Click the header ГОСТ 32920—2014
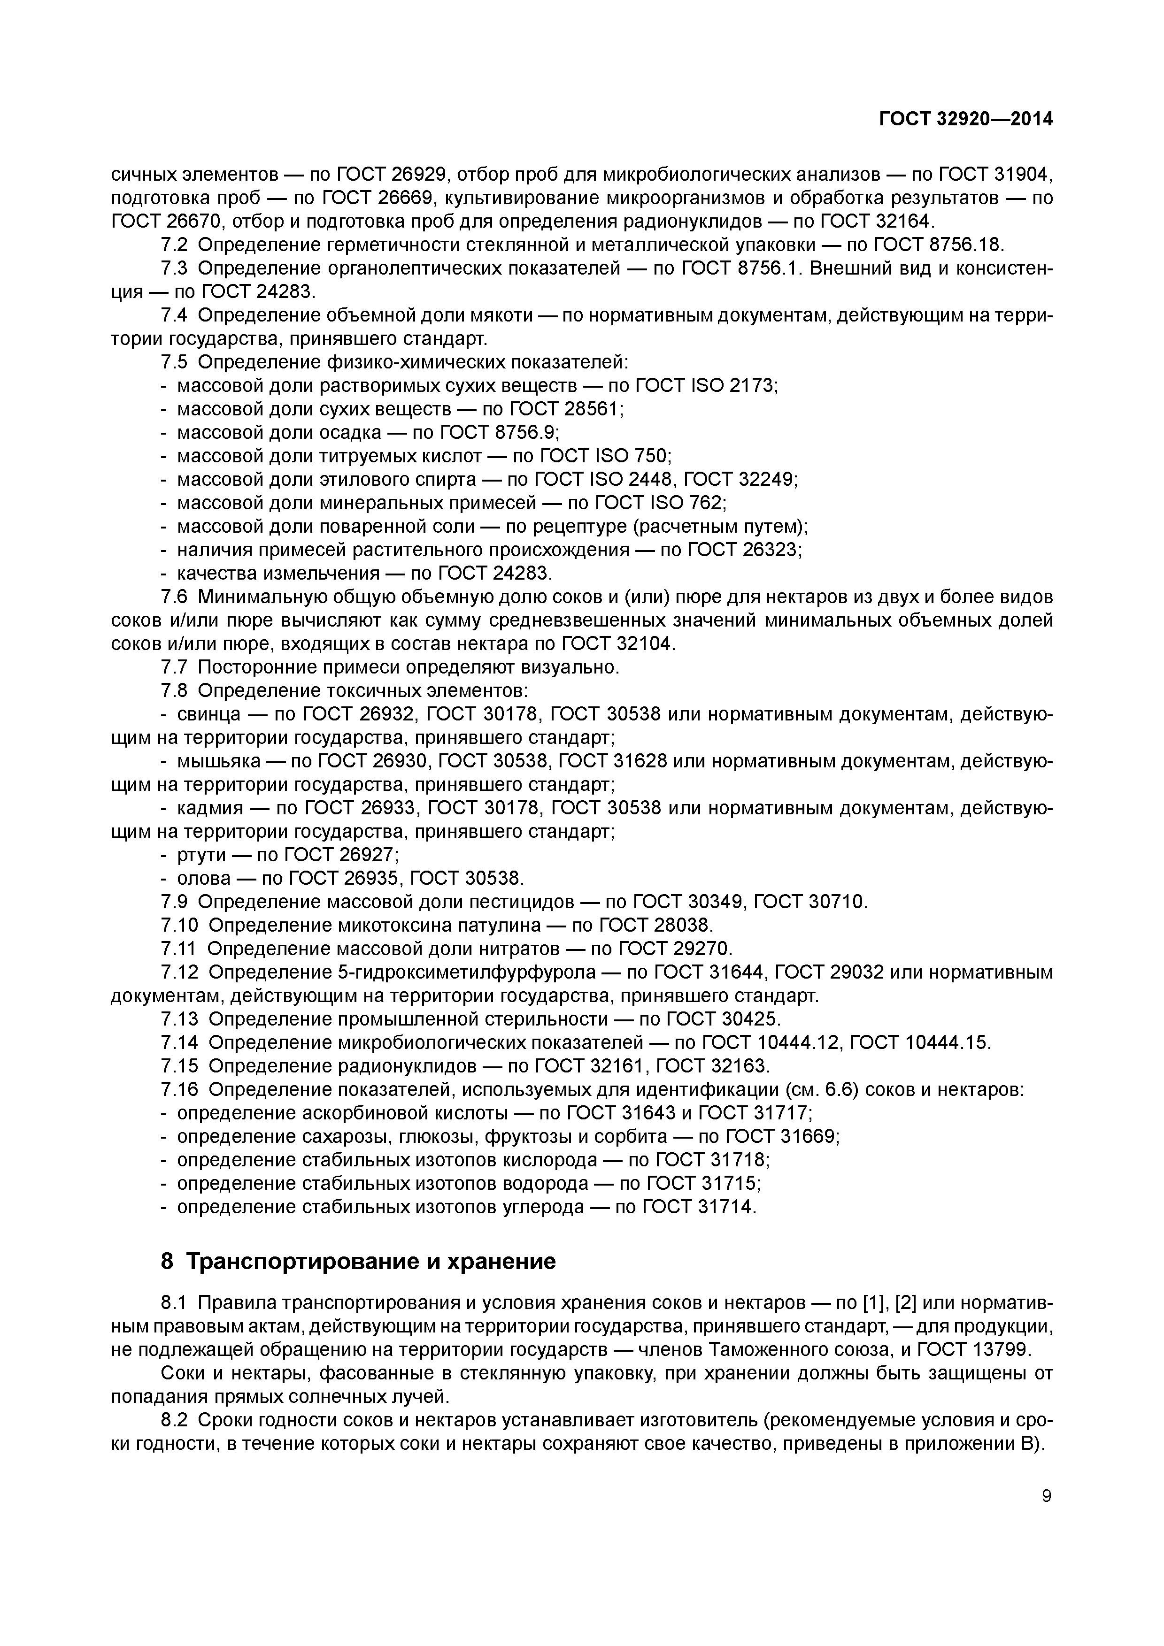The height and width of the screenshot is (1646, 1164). [x=965, y=119]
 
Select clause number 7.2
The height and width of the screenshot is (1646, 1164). [x=174, y=245]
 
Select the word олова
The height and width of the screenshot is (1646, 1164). [x=204, y=878]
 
